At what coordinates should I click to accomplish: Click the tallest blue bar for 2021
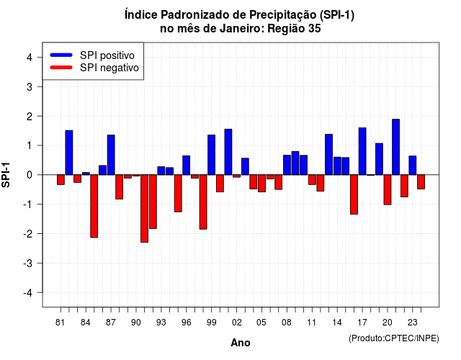click(x=395, y=147)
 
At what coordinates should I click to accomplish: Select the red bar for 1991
click(x=144, y=208)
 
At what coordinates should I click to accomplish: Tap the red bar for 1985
click(x=94, y=206)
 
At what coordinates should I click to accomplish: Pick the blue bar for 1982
click(x=69, y=153)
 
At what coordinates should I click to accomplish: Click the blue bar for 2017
click(x=362, y=151)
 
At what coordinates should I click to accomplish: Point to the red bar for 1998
click(x=203, y=202)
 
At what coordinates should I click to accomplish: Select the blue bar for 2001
click(x=228, y=152)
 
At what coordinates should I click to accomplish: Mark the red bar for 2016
click(x=354, y=194)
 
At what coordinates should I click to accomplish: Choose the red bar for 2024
click(x=421, y=182)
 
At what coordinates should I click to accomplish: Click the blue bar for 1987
click(x=111, y=155)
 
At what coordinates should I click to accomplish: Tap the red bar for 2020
click(x=388, y=189)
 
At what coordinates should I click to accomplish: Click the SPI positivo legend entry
click(x=92, y=55)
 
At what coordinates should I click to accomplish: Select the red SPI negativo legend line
click(x=61, y=68)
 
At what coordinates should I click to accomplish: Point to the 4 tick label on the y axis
click(x=30, y=58)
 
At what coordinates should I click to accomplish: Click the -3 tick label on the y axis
click(x=28, y=264)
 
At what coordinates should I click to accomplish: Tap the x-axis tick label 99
click(x=211, y=323)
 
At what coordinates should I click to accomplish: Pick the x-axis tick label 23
click(x=413, y=323)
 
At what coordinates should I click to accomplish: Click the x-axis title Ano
click(x=241, y=343)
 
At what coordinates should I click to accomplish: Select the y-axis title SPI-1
click(x=6, y=175)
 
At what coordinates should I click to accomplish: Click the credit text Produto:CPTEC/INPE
click(x=394, y=338)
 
